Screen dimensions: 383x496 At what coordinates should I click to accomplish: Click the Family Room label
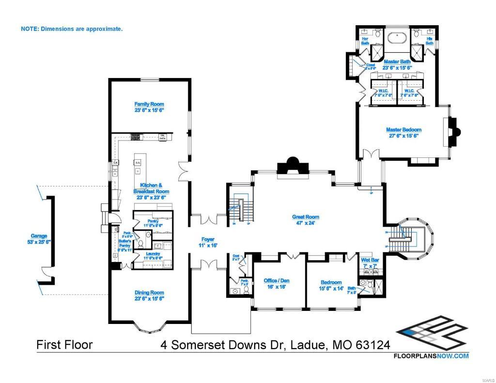pyautogui.click(x=149, y=107)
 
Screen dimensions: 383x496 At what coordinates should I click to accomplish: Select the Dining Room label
pyautogui.click(x=149, y=295)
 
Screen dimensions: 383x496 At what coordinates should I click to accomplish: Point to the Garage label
pyautogui.click(x=39, y=239)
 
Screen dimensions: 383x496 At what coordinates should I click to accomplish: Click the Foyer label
pyautogui.click(x=208, y=242)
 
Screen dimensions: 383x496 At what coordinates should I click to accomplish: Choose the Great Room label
pyautogui.click(x=305, y=220)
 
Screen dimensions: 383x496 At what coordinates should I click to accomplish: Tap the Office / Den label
pyautogui.click(x=278, y=283)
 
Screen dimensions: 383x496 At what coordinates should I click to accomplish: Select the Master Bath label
pyautogui.click(x=397, y=64)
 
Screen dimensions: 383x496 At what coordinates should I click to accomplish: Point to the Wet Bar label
pyautogui.click(x=370, y=263)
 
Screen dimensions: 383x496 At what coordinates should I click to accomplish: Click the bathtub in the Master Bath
pyautogui.click(x=397, y=36)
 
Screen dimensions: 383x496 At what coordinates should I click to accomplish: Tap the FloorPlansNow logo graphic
pyautogui.click(x=431, y=334)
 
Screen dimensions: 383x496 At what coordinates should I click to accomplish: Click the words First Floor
pyautogui.click(x=64, y=345)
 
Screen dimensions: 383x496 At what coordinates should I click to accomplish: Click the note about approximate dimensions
pyautogui.click(x=72, y=29)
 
